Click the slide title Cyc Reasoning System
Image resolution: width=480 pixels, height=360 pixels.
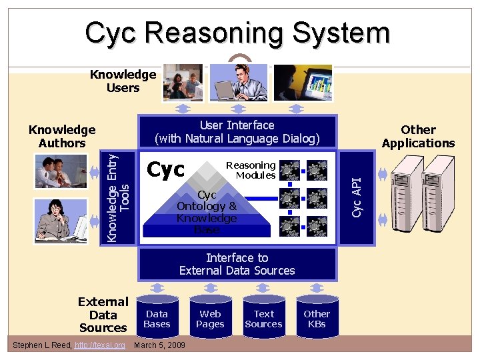tap(237, 33)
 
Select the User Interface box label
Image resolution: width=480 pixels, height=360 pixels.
tap(237, 132)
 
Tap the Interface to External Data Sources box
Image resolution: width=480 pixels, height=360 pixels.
tap(237, 264)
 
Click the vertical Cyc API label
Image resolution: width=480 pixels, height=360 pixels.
tap(357, 196)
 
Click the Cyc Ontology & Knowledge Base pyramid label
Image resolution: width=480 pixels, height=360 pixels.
tap(207, 212)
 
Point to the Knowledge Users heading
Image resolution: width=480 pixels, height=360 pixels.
tap(123, 81)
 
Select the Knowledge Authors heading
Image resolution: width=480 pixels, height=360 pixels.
tap(62, 136)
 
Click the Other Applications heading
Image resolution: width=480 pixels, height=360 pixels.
tap(418, 136)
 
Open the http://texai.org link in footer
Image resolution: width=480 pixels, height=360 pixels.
tap(100, 345)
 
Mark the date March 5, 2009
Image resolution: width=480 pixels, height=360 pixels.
tap(160, 345)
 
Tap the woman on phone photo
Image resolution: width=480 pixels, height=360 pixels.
tap(61, 219)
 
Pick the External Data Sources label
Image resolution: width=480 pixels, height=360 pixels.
tap(103, 315)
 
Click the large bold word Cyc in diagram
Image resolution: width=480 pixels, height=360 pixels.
tap(166, 170)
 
